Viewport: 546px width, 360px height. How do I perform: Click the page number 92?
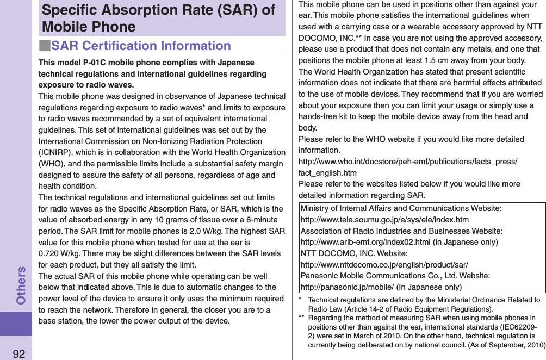pyautogui.click(x=18, y=353)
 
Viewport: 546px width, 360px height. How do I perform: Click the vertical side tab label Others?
pyautogui.click(x=21, y=285)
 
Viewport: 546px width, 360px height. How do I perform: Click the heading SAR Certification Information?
pyautogui.click(x=141, y=46)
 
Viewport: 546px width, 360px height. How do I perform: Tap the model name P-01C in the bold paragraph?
pyautogui.click(x=95, y=63)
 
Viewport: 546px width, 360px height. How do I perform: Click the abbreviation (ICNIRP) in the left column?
pyautogui.click(x=57, y=153)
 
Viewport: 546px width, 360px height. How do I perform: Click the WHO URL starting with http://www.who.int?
pyautogui.click(x=408, y=162)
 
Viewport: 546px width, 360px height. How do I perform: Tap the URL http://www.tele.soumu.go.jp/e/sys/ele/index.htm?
pyautogui.click(x=384, y=220)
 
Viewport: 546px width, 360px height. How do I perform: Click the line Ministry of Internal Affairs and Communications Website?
pyautogui.click(x=401, y=208)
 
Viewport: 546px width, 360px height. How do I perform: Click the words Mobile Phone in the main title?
pyautogui.click(x=89, y=27)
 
